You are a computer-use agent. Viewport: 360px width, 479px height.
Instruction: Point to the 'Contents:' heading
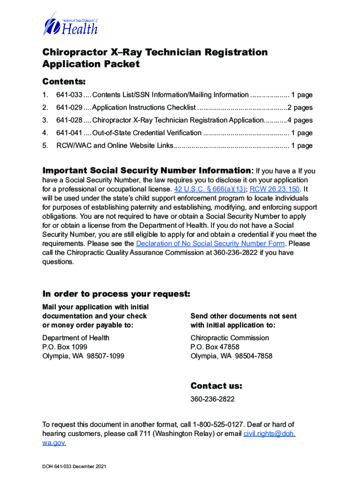click(64, 82)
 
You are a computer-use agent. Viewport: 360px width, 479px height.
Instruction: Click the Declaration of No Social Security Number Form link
click(210, 244)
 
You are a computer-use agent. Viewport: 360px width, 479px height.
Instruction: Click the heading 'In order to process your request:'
click(116, 294)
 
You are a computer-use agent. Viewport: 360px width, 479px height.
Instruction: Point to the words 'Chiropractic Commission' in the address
click(230, 338)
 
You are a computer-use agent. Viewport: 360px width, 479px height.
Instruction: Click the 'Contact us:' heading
click(216, 386)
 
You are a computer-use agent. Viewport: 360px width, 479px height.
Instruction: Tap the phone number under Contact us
click(212, 399)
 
